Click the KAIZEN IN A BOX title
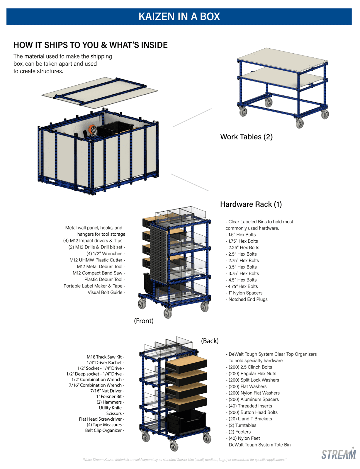click(x=179, y=16)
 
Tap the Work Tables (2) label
click(x=246, y=137)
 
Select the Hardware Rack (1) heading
click(x=251, y=204)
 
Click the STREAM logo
click(x=339, y=454)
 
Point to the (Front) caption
click(x=144, y=321)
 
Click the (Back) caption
click(x=210, y=341)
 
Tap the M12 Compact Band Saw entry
click(x=98, y=273)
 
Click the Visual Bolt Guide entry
click(x=105, y=292)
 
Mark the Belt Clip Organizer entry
click(x=103, y=430)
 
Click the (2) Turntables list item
click(x=242, y=425)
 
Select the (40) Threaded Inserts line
click(x=250, y=406)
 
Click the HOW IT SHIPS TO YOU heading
click(x=91, y=45)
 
